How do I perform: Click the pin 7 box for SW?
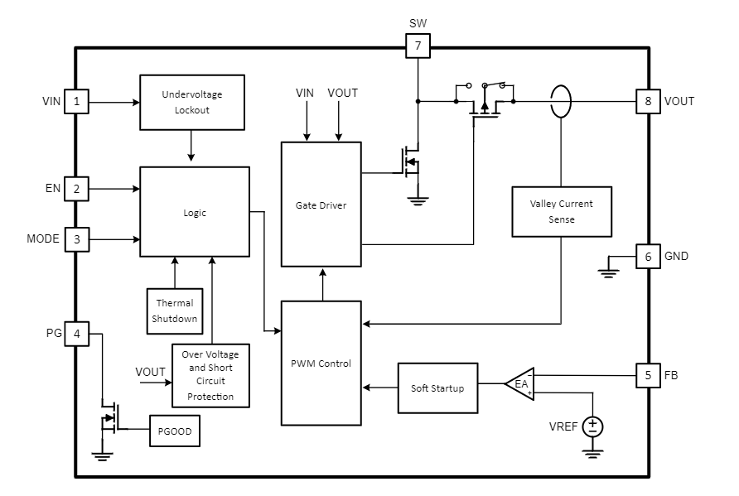418,46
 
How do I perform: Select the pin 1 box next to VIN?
76,102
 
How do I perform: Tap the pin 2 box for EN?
76,189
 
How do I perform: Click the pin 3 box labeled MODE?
76,239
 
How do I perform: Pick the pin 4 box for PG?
76,334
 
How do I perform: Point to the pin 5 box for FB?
648,375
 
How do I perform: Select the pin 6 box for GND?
648,256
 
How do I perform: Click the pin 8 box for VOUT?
648,102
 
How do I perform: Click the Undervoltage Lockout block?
192,102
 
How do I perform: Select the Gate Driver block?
321,205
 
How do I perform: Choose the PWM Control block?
321,364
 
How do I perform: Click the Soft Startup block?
437,388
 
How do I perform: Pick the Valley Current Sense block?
561,212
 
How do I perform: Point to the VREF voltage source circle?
592,426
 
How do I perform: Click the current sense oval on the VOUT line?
561,102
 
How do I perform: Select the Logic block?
194,212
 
